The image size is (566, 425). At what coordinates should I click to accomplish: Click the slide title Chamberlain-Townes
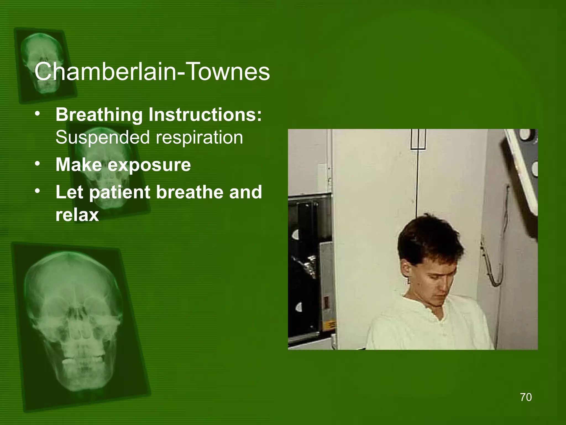tap(152, 72)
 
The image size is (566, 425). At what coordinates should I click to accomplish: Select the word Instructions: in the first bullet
tap(205, 115)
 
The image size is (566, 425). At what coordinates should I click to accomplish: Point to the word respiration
tap(199, 138)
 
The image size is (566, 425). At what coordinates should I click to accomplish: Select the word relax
tap(77, 215)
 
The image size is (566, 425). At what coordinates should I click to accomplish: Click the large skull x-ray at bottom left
tap(75, 318)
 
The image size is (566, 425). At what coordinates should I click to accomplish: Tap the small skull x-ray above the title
tap(44, 64)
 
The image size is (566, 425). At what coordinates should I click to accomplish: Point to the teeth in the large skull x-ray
tap(83, 360)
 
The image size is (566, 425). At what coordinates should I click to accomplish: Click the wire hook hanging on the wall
tap(495, 266)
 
